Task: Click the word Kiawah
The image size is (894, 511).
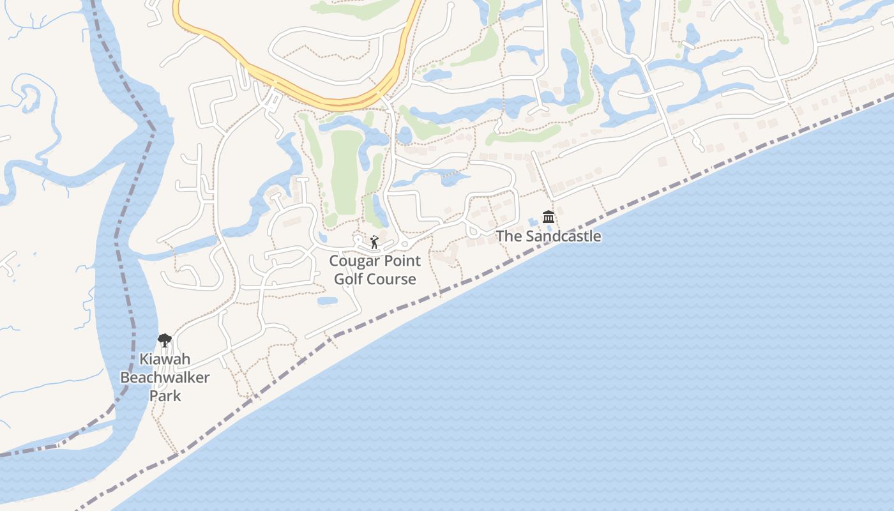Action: [165, 360]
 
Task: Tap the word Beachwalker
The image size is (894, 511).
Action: [165, 378]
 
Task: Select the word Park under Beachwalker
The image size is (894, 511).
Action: [165, 395]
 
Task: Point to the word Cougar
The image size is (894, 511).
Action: [354, 261]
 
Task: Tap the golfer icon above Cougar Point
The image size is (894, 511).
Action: [374, 243]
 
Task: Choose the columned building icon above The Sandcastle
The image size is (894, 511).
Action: [549, 217]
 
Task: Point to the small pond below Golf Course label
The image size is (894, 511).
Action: [327, 301]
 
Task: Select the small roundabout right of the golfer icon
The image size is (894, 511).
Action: [404, 245]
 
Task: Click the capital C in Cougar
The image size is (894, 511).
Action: [334, 261]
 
